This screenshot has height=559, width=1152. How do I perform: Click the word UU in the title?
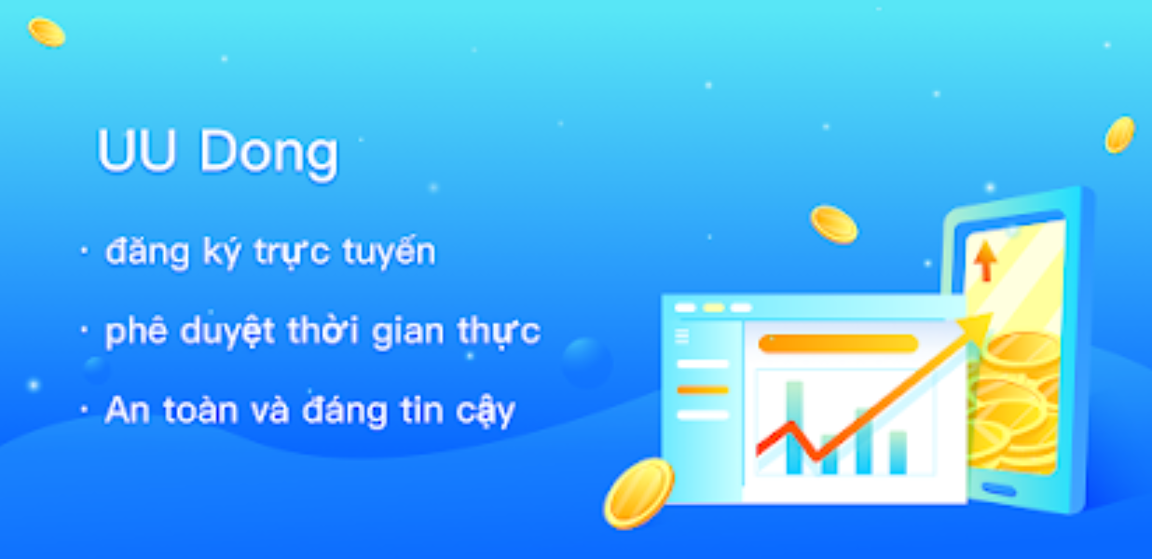coord(136,151)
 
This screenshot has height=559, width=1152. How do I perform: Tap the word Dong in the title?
coord(269,153)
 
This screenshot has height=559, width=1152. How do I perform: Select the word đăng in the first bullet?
coord(147,252)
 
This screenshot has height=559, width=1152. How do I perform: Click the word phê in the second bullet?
coord(136,332)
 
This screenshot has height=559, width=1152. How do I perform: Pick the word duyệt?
coord(227,331)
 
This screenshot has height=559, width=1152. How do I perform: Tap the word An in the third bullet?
coord(127,410)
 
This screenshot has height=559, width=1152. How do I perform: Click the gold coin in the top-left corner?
coord(47,32)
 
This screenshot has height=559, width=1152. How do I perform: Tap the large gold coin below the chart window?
coord(638,493)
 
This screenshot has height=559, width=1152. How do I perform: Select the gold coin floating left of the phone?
coord(833,225)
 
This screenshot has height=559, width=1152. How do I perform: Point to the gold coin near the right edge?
coord(1119,135)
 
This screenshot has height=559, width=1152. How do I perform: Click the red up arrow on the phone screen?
coord(985,261)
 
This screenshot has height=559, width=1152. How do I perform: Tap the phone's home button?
coord(999,488)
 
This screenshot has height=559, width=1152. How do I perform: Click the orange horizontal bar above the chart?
coord(838,344)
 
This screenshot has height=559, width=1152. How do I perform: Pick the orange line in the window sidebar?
coord(703,389)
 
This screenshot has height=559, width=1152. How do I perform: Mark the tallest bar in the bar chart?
coord(795,428)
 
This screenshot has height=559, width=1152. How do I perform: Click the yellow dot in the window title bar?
coord(713,307)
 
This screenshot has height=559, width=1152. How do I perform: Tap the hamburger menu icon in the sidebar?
coord(681,336)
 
